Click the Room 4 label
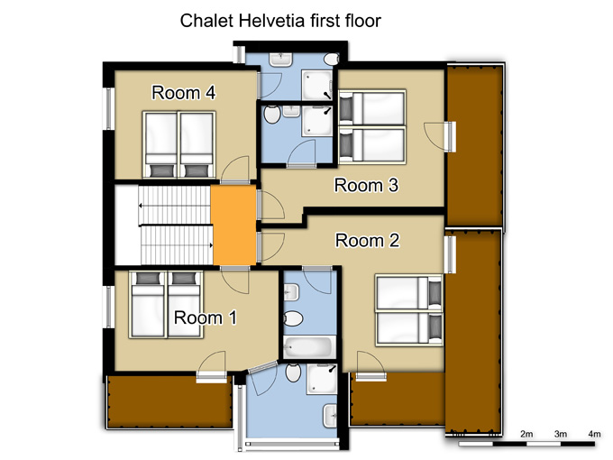tap(183, 93)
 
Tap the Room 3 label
tap(366, 185)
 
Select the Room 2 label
tap(368, 240)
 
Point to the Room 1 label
tap(206, 317)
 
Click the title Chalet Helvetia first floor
tap(280, 21)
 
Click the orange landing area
tap(234, 225)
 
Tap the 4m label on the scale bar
tap(594, 434)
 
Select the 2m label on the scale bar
tap(526, 434)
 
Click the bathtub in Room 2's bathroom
tap(308, 346)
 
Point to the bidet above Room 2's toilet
tap(291, 292)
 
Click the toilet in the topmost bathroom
tap(332, 60)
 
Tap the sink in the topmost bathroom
tap(280, 60)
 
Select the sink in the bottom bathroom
tap(330, 416)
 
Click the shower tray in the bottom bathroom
tap(322, 379)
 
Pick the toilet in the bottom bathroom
tap(293, 373)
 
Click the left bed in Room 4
tap(160, 145)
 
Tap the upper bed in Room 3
tap(372, 108)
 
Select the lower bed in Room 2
tap(409, 327)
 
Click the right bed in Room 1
tap(185, 305)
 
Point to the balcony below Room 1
tap(169, 402)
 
